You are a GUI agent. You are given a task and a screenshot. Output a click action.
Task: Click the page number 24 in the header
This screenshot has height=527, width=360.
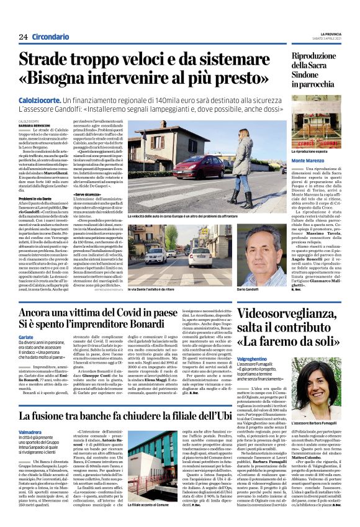coord(24,37)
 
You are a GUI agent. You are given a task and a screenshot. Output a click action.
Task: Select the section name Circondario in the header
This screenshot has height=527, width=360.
coord(51,37)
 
